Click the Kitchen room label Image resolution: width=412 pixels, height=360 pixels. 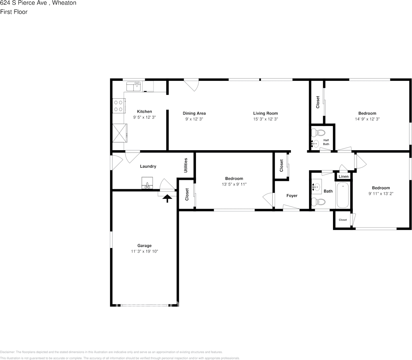pos(144,112)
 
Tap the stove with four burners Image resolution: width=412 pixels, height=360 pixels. pos(119,105)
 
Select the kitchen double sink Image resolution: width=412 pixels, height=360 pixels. pos(133,87)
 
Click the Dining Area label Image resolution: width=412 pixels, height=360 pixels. pos(194,113)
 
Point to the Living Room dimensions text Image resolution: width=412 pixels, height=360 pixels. pos(265,119)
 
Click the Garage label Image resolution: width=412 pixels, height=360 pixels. pos(144,246)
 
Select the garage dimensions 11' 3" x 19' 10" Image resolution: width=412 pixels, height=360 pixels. pos(144,251)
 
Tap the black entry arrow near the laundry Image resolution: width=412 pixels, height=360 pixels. pos(167,198)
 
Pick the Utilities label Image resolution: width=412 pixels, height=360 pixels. pos(186,165)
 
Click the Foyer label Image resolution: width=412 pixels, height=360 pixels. pos(292,196)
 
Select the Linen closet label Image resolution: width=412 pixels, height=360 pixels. pos(343,177)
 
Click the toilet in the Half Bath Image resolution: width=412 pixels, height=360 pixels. pos(318,133)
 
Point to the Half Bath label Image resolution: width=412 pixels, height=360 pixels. pos(326,142)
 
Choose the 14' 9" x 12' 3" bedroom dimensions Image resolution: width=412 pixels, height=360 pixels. pos(367,119)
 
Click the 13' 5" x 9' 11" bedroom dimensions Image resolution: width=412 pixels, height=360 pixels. pos(234,184)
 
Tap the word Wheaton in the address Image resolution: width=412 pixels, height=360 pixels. pos(64,3)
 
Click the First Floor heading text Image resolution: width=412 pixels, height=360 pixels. pos(14,12)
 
